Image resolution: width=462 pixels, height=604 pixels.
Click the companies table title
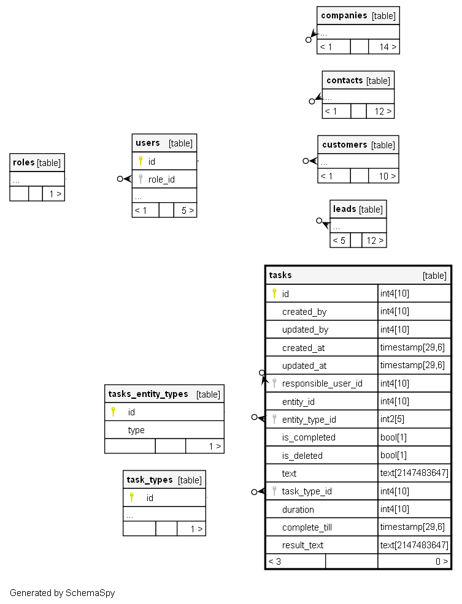344,15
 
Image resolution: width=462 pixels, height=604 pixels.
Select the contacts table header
345,80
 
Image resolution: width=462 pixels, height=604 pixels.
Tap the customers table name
344,145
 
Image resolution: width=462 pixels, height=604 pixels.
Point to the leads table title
344,209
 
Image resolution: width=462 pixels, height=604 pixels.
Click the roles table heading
23,162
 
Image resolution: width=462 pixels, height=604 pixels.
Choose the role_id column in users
161,179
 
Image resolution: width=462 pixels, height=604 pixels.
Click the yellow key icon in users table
141,161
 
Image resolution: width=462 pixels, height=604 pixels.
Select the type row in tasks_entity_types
136,430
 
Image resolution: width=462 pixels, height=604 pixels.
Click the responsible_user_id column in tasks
322,383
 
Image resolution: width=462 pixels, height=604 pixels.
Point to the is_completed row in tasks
309,437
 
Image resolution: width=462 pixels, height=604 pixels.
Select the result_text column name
302,545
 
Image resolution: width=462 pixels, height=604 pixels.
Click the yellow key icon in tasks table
274,293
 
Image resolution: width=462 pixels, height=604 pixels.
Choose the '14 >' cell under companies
387,47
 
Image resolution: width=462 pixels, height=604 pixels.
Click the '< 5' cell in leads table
339,240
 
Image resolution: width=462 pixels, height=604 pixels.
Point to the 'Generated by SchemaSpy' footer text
62,593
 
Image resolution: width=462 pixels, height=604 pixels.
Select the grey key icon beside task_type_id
274,491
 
